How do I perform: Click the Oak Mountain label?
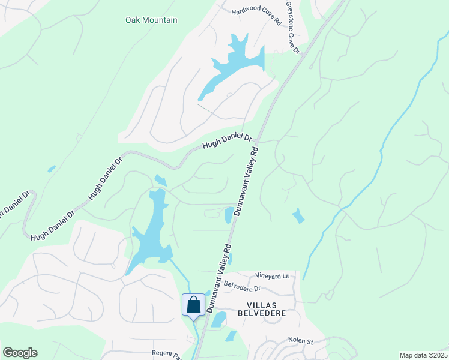pyautogui.click(x=151, y=20)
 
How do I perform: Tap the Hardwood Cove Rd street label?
pyautogui.click(x=256, y=16)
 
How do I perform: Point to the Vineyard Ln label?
pyautogui.click(x=272, y=276)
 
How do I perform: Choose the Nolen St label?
pyautogui.click(x=301, y=341)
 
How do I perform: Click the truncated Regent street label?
pyautogui.click(x=167, y=354)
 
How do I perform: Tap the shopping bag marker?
pyautogui.click(x=193, y=304)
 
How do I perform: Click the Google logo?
pyautogui.click(x=20, y=353)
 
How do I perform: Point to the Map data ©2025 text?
pyautogui.click(x=423, y=355)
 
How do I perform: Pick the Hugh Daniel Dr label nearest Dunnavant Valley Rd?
pyautogui.click(x=226, y=142)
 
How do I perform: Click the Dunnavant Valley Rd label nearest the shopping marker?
pyautogui.click(x=219, y=277)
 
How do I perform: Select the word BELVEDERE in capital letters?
pyautogui.click(x=260, y=314)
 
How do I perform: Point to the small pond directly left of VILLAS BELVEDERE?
pyautogui.click(x=218, y=319)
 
